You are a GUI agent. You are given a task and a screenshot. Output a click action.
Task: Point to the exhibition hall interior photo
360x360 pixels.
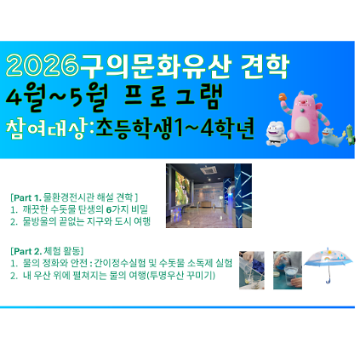[x=209, y=196]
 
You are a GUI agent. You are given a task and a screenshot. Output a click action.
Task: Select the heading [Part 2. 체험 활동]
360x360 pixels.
[x=48, y=252]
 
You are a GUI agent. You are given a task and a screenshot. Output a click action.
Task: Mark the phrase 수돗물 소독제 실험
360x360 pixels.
[x=197, y=263]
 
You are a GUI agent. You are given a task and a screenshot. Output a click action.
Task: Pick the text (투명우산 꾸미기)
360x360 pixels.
[x=176, y=274]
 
